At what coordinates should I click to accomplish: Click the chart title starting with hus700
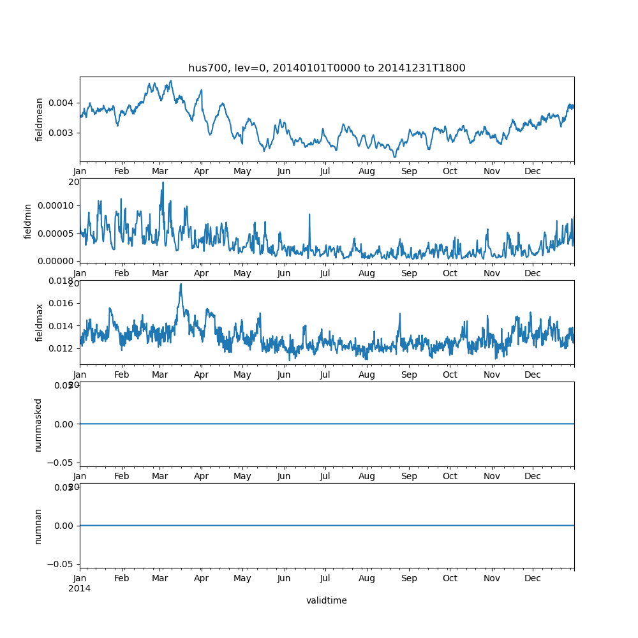[x=327, y=68]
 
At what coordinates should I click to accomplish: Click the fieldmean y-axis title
[x=40, y=119]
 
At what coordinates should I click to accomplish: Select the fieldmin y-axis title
[x=28, y=221]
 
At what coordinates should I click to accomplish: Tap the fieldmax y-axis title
[x=40, y=323]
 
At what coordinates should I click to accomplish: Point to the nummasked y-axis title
[x=38, y=424]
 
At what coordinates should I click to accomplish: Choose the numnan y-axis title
[x=38, y=526]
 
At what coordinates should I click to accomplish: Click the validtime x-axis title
[x=327, y=600]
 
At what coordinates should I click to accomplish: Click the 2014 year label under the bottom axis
[x=80, y=588]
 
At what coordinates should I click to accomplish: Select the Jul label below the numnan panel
[x=325, y=578]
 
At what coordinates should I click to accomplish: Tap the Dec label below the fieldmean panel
[x=533, y=171]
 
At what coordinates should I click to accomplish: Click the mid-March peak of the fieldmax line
[x=181, y=285]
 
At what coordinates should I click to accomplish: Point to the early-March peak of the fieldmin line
[x=163, y=182]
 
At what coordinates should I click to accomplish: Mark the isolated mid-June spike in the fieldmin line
[x=309, y=214]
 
